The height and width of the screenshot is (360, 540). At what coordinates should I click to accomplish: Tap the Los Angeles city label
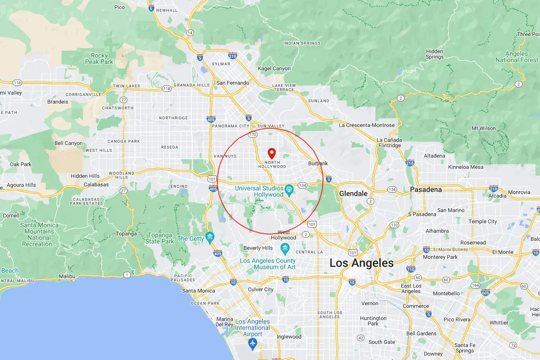point(361,263)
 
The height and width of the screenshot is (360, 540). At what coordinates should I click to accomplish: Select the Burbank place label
point(318,163)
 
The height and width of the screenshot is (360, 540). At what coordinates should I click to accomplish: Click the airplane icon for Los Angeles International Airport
point(252,344)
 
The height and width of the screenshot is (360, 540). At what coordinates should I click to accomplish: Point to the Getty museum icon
point(209,237)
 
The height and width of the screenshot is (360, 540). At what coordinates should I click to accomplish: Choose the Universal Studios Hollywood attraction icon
point(289,189)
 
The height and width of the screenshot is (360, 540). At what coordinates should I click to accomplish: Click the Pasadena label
point(425,189)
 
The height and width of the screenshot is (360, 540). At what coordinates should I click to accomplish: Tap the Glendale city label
point(353,193)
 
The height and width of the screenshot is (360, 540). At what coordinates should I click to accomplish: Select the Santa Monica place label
point(198,291)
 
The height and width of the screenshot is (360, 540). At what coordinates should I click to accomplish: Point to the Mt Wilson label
point(483,128)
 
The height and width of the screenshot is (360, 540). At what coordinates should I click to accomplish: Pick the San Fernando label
point(233,83)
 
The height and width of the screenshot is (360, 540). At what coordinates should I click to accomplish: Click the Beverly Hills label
point(258,248)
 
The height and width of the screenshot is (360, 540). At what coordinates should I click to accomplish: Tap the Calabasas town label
point(96,184)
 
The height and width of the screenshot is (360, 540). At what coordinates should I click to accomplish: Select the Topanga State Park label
point(160,238)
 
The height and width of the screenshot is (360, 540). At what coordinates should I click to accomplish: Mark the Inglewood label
point(288,337)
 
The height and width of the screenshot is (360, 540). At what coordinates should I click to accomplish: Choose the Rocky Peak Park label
point(99,58)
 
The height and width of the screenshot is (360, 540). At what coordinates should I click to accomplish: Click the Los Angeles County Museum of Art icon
point(285,248)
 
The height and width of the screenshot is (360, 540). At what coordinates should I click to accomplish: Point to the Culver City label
point(261,289)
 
